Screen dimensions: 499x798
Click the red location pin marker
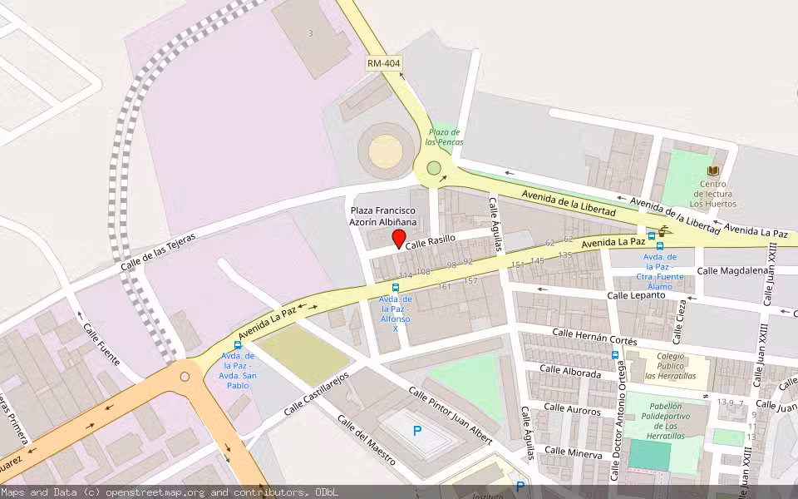398,239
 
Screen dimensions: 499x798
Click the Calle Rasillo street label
430,239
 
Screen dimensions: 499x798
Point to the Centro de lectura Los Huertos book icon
712,170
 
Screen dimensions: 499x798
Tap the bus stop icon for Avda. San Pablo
238,345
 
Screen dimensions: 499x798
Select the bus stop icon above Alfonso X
395,287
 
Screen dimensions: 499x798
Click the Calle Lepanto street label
636,295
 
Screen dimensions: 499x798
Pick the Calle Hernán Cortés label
594,337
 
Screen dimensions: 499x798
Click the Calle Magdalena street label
731,270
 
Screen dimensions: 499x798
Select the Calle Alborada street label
569,371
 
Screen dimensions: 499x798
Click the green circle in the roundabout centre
433,169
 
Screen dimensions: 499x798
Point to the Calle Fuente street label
101,344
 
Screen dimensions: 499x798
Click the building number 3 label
310,33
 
